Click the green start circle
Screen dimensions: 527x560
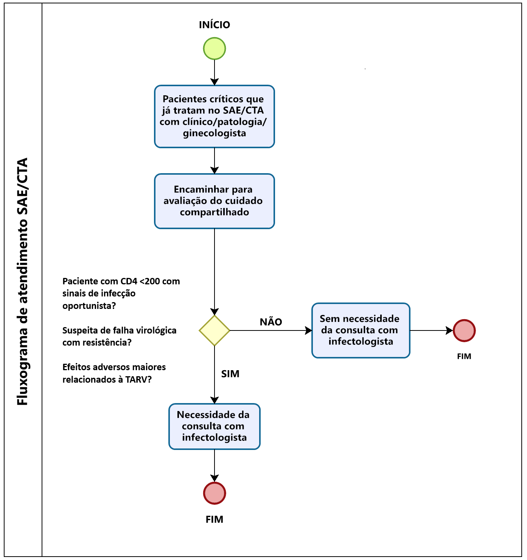215,48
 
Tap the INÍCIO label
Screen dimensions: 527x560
215,25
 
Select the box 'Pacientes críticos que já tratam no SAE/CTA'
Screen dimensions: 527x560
215,116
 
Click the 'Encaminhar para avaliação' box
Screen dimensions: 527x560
215,201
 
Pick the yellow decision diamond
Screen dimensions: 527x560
215,330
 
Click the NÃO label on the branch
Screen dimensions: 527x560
271,322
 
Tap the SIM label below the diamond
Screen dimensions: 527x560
230,374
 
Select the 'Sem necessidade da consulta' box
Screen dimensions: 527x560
361,330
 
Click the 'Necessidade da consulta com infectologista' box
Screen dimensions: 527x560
215,426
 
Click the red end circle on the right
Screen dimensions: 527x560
464,330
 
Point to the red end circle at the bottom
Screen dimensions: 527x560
215,493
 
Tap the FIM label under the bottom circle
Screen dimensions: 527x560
215,520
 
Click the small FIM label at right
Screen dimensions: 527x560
464,357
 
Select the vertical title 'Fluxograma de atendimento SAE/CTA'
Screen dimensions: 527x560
22,281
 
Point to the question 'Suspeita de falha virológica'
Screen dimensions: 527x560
119,336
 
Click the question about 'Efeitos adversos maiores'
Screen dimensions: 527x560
114,373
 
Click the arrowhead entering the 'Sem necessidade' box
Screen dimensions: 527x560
308,330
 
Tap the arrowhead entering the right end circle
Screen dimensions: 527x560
449,330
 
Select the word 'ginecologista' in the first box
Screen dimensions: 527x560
215,133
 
